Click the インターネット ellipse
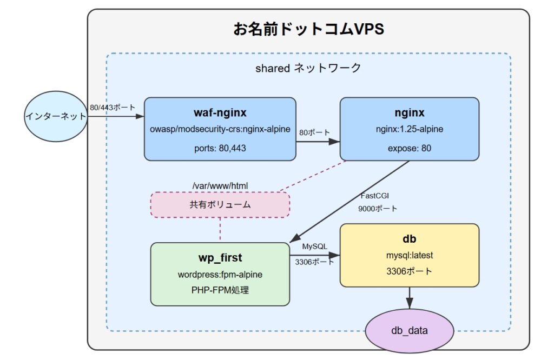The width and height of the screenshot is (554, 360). [x=56, y=116]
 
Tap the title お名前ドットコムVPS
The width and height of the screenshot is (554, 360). [x=308, y=29]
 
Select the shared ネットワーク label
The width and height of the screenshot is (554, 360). [x=308, y=68]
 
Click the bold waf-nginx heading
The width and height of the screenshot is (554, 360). [x=220, y=112]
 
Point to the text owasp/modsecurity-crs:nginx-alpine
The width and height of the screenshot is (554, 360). [x=220, y=129]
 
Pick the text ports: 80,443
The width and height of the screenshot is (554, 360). [x=220, y=148]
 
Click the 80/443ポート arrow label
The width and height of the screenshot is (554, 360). [x=113, y=107]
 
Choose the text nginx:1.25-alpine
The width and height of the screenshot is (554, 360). [x=409, y=129]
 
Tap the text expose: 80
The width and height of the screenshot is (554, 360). [x=409, y=148]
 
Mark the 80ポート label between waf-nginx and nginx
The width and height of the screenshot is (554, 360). [x=314, y=132]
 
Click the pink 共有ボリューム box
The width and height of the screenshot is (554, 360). [x=220, y=205]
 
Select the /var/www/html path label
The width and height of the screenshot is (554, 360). [x=220, y=185]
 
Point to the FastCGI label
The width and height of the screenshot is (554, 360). [x=374, y=196]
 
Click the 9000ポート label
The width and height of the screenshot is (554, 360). [x=377, y=209]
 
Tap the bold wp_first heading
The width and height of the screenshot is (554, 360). [x=220, y=258]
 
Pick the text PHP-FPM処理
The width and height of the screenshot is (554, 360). [x=220, y=290]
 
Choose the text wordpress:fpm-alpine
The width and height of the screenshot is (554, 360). [x=220, y=275]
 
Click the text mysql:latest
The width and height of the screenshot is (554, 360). [x=409, y=255]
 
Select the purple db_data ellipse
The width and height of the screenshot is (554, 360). [x=409, y=330]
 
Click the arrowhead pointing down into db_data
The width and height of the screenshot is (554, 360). [x=409, y=304]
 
